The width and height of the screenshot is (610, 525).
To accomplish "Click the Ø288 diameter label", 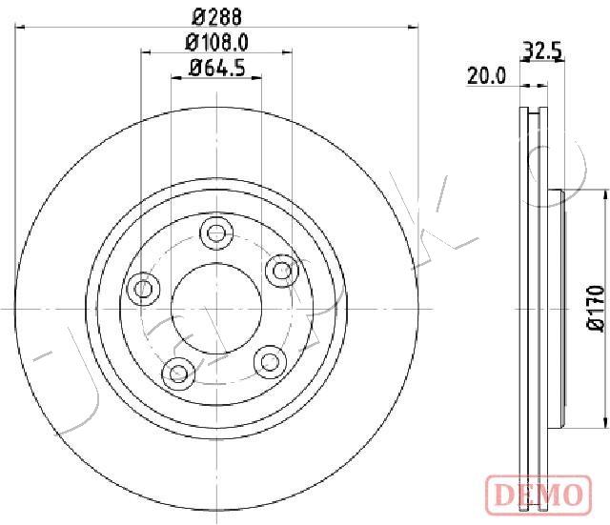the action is pos(217,17).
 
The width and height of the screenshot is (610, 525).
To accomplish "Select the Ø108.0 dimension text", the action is pos(216,43).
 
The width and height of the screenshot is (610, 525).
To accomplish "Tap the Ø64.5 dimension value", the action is pos(216,69).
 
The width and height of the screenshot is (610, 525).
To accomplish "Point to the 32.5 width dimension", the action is pos(541,50).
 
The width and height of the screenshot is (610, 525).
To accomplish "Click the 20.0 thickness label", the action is pos(486,75).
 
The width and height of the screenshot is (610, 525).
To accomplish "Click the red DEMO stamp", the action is pos(539,494).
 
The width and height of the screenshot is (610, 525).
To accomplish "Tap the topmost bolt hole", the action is pos(216,232).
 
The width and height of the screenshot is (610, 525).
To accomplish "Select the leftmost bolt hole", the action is pos(143,289).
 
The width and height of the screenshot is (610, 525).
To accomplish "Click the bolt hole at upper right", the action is pos(282,271).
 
